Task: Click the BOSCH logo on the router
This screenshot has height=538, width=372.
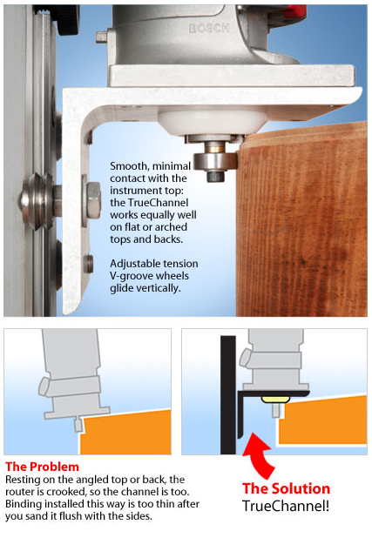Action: (x=209, y=28)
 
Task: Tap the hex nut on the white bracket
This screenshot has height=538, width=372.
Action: (x=93, y=200)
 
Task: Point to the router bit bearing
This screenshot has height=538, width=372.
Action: (x=215, y=161)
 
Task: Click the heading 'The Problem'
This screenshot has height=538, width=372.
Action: (x=42, y=467)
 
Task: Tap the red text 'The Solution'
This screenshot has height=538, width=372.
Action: (x=286, y=488)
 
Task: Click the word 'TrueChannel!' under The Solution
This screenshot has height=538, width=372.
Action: (x=286, y=506)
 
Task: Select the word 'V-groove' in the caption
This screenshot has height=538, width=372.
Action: (x=132, y=276)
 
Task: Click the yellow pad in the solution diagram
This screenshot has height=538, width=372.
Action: (x=275, y=400)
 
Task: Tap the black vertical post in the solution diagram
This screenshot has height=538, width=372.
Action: (x=228, y=395)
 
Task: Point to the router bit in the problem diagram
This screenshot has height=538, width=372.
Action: (x=78, y=425)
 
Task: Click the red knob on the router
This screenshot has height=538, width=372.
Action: (x=294, y=10)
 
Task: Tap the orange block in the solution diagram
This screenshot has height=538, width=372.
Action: (x=322, y=420)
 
